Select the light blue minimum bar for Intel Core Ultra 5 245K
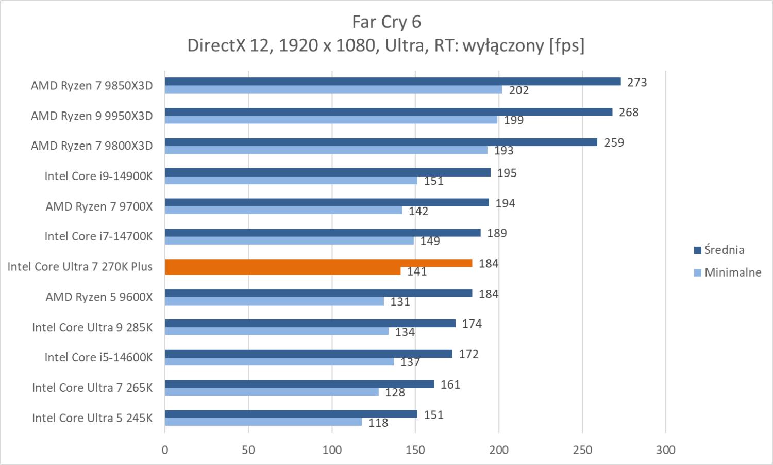tap(263, 422)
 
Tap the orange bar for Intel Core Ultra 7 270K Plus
tap(318, 263)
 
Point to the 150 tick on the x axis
tap(415, 450)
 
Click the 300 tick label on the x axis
tap(665, 450)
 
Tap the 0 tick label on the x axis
tap(165, 450)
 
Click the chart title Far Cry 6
tap(386, 22)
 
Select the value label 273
tap(636, 83)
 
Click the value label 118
tap(378, 423)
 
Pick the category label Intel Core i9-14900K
tap(98, 177)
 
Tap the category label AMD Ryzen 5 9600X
tap(99, 297)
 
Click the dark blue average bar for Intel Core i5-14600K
tap(308, 354)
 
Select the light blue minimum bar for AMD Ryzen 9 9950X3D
tap(331, 120)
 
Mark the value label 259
tap(614, 143)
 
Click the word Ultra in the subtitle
tap(405, 46)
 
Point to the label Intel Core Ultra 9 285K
tap(92, 327)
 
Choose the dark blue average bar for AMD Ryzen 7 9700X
tap(327, 202)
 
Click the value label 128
tap(395, 393)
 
